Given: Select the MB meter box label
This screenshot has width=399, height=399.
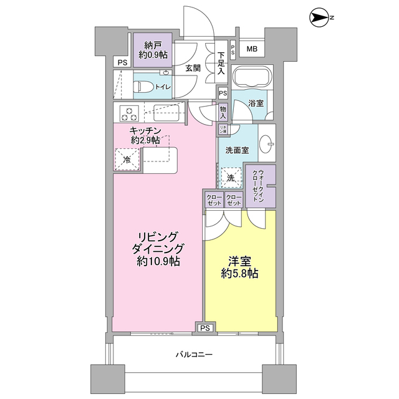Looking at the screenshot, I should [x=252, y=49].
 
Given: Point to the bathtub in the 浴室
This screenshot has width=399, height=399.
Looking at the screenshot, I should [x=251, y=77].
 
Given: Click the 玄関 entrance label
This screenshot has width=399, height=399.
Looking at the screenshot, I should [x=192, y=69].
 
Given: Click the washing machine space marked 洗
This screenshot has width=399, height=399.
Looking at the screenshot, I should [x=231, y=178].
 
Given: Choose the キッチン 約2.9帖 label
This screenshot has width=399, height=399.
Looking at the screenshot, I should [x=146, y=135].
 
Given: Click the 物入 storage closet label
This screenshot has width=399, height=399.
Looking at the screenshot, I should [x=223, y=112].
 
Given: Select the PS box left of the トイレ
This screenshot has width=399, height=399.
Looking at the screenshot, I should [x=121, y=62].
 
